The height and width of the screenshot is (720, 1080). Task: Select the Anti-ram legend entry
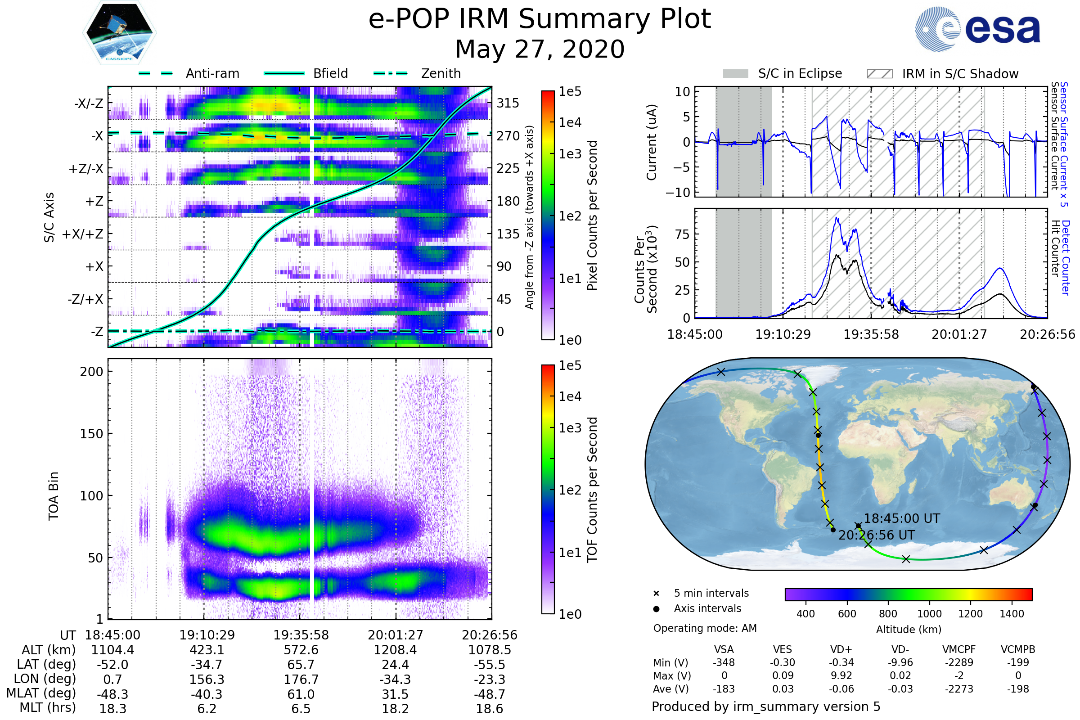212,73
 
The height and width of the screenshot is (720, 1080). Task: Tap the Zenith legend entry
441,73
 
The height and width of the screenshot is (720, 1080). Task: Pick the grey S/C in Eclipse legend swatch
735,74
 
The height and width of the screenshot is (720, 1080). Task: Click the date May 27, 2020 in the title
540,49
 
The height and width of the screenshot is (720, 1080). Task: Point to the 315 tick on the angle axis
508,103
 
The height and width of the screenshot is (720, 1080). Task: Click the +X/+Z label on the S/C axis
83,234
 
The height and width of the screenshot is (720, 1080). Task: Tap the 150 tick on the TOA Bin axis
91,434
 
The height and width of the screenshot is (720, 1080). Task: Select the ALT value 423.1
207,650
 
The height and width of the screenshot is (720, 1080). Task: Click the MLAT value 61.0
301,694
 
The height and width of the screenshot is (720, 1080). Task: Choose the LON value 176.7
301,679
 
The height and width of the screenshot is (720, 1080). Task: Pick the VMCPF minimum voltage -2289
959,662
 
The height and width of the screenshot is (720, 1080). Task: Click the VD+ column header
841,649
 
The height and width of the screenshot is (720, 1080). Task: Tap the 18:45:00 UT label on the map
902,518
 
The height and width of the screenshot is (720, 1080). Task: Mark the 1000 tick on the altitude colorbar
929,614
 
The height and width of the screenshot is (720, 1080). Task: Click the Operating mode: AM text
705,628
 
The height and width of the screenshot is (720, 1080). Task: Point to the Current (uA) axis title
652,142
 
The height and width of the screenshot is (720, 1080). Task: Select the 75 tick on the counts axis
682,234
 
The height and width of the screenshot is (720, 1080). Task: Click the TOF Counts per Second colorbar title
592,490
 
